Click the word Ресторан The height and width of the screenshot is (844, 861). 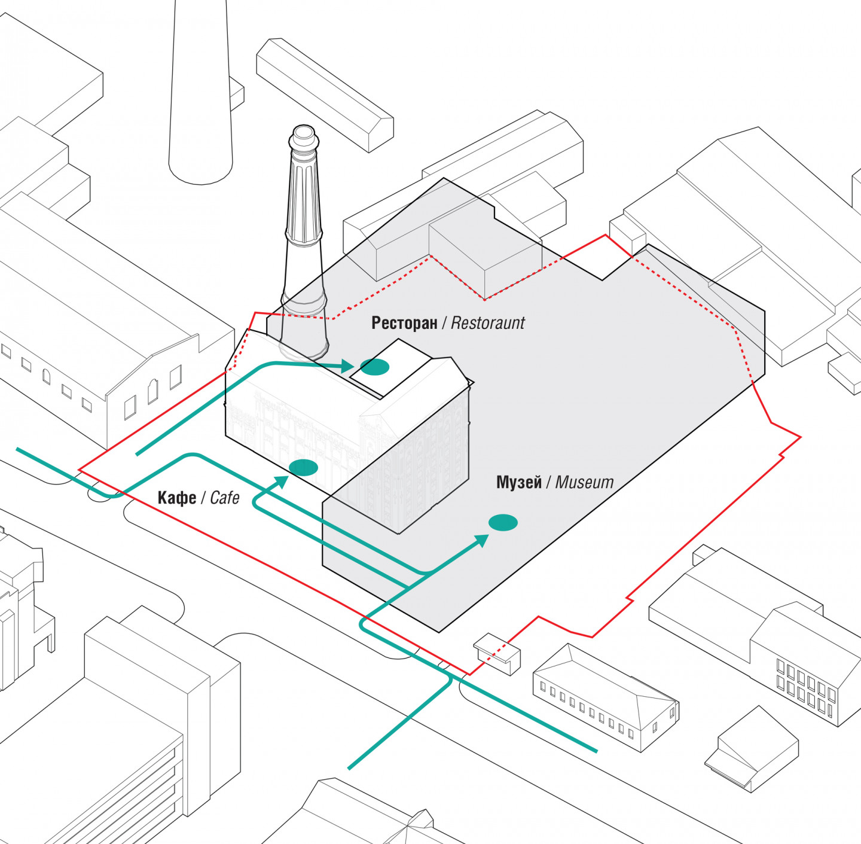pyautogui.click(x=404, y=323)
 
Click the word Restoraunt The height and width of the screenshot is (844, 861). pyautogui.click(x=487, y=323)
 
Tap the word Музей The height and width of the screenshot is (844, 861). pyautogui.click(x=519, y=482)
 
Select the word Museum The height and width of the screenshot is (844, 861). pyautogui.click(x=584, y=482)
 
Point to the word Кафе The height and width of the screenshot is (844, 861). pyautogui.click(x=177, y=498)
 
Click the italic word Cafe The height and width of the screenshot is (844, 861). pyautogui.click(x=225, y=498)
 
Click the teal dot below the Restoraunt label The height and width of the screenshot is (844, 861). pyautogui.click(x=375, y=367)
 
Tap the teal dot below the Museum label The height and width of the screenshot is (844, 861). pyautogui.click(x=503, y=523)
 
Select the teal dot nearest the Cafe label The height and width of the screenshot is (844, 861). pyautogui.click(x=303, y=468)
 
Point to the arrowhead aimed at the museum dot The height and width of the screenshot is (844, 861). pyautogui.click(x=481, y=541)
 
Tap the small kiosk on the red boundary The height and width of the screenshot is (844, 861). pyautogui.click(x=497, y=653)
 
